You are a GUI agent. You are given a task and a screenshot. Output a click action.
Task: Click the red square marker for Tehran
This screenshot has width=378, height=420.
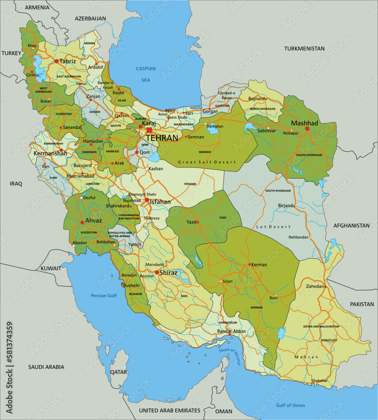click(x=149, y=130)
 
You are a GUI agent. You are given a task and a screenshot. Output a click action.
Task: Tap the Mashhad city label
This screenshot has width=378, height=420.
click(x=304, y=123)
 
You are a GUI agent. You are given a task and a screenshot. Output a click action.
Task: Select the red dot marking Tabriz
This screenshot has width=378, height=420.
click(x=56, y=61)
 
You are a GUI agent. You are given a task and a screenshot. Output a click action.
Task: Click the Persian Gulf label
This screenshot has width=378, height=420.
click(x=103, y=296)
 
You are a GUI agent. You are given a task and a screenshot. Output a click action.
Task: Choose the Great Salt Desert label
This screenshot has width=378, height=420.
click(x=207, y=162)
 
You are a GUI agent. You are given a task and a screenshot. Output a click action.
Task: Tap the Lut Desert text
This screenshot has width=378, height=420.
click(x=273, y=227)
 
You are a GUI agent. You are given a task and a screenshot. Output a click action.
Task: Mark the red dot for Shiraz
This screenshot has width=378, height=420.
click(x=157, y=272)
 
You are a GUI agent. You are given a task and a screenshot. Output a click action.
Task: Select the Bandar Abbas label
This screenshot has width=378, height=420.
click(x=231, y=331)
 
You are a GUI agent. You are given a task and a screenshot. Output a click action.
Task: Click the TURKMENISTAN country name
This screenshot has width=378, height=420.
click(x=304, y=49)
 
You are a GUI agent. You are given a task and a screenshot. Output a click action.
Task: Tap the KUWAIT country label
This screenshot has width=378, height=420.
click(x=51, y=268)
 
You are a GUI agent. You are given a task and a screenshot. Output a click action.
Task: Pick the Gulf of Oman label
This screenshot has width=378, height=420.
click(x=291, y=405)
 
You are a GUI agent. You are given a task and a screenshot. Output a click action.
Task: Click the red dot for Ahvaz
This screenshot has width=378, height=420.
click(x=82, y=223)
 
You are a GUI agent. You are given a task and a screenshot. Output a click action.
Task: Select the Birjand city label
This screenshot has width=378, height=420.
click(x=285, y=206)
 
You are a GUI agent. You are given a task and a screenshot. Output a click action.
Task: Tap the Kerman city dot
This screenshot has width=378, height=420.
click(x=249, y=265)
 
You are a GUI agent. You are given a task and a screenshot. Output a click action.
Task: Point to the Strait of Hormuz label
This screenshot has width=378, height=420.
click(x=230, y=356)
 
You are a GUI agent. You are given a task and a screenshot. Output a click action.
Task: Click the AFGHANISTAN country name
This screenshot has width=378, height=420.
click(x=352, y=226)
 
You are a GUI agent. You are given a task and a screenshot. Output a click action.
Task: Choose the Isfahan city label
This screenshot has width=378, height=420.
click(x=161, y=202)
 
